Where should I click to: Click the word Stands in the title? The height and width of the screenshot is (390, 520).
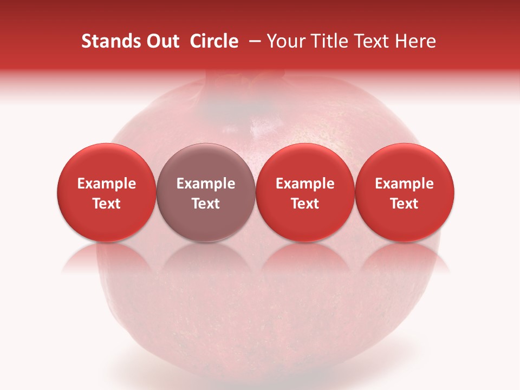point(111,41)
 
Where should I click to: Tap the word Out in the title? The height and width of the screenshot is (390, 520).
point(162,41)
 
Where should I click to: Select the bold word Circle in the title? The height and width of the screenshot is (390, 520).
point(214,41)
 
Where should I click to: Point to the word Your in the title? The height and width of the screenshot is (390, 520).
point(285,41)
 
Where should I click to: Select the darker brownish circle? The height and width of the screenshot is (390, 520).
point(206,192)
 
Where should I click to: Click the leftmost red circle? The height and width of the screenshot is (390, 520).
point(107,192)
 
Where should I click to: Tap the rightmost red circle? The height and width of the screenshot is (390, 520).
point(405,192)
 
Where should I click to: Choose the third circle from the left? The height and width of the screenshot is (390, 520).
point(305,192)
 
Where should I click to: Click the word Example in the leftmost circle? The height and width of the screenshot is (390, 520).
point(107,184)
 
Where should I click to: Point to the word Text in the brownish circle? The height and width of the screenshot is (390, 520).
point(206,204)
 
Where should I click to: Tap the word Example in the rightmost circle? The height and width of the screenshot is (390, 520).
point(405,184)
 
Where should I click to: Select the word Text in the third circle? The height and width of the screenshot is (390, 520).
point(305,204)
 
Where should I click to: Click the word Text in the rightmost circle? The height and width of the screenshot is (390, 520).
point(405,204)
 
